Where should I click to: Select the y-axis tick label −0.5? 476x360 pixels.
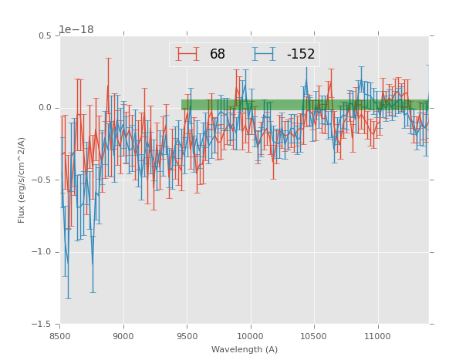42,180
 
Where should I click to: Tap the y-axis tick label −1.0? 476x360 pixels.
42,252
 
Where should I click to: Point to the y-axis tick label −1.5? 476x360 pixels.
42,324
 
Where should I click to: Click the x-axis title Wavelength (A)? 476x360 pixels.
245,349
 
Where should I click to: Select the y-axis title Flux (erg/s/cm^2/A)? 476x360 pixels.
22,180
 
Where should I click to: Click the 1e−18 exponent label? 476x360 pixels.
76,30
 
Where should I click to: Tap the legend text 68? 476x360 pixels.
218,55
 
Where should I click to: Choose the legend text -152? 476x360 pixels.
300,55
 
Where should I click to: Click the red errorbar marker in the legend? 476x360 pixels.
187,55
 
